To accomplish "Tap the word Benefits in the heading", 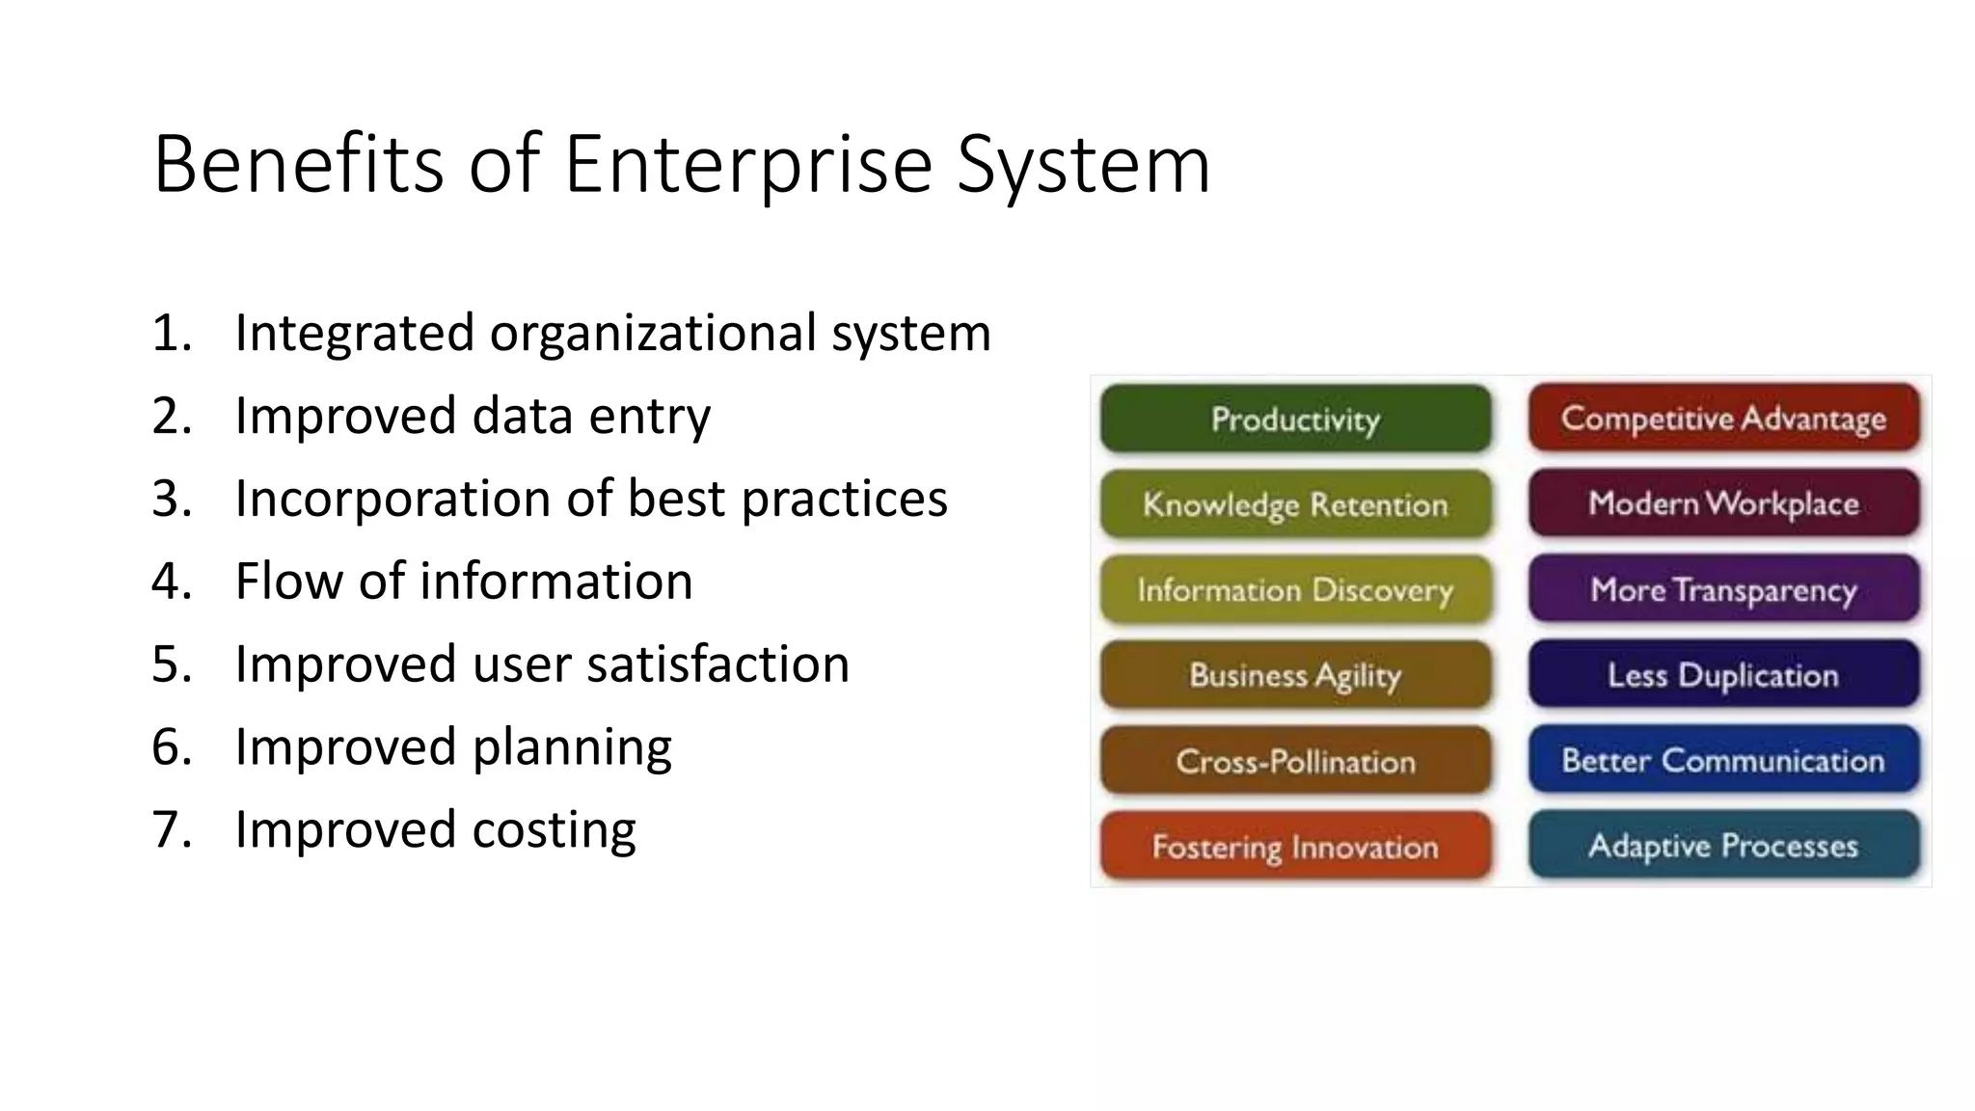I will [x=298, y=164].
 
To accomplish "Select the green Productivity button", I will [x=1295, y=419].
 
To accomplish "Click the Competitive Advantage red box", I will [x=1723, y=418].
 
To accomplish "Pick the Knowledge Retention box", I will [x=1295, y=503].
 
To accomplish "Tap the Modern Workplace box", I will [x=1723, y=502].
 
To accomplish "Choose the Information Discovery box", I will [x=1295, y=589].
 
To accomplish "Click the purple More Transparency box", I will [x=1723, y=588].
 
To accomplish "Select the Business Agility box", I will [x=1295, y=674].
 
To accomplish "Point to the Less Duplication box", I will [x=1723, y=674].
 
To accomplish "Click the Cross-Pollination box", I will [x=1295, y=760].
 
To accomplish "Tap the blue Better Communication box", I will [x=1723, y=759].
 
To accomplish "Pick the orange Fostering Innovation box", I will [x=1295, y=846].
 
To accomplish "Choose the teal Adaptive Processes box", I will [x=1723, y=845].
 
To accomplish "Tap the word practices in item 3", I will [x=844, y=500].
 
